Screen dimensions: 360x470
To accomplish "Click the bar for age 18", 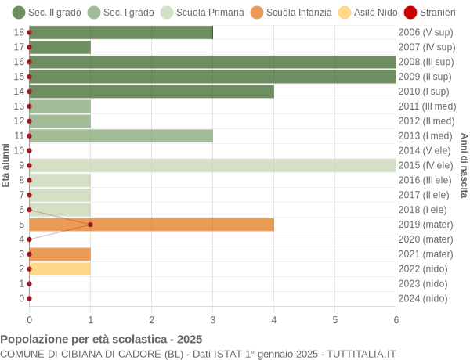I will point(121,32).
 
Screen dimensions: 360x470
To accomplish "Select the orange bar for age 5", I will point(151,225).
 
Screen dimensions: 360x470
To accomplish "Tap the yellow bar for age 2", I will point(60,268).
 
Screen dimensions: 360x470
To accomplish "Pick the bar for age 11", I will point(121,135).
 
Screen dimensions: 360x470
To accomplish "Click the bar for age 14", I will point(151,92).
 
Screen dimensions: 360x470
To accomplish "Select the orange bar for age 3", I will point(60,254).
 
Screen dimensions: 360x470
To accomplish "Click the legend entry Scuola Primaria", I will point(204,12).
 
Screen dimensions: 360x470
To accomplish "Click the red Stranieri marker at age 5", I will point(90,225).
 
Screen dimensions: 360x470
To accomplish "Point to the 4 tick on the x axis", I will point(273,319).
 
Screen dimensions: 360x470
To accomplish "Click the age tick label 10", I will point(19,150).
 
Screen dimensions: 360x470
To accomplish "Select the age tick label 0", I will point(21,298).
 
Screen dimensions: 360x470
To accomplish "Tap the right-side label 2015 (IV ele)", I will point(425,165).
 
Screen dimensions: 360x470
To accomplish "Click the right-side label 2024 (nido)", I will point(422,298).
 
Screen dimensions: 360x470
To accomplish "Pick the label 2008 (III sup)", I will point(425,62).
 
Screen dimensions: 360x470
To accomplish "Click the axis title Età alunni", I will point(6,164).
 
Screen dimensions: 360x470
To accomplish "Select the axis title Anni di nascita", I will point(464,164).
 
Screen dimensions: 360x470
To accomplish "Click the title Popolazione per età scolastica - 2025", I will point(101,339).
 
